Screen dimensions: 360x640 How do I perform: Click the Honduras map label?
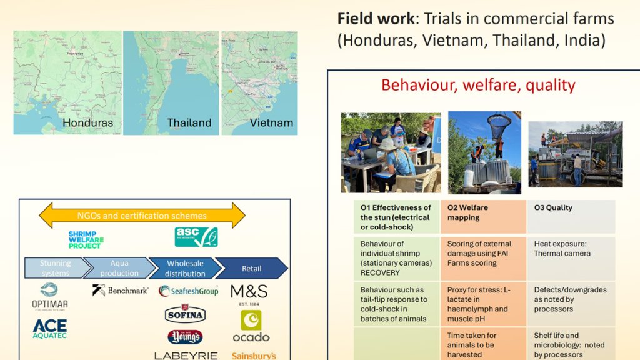(x=87, y=122)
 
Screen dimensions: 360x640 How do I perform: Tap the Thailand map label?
(x=189, y=122)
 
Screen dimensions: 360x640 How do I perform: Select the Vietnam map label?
(x=271, y=122)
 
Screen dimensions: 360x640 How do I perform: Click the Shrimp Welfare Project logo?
(x=86, y=239)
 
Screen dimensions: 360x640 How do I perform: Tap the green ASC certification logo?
(x=196, y=237)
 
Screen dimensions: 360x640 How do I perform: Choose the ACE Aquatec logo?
(x=49, y=328)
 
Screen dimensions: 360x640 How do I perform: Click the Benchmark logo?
(x=120, y=290)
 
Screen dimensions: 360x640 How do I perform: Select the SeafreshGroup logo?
(x=188, y=291)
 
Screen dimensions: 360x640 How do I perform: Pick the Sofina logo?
(x=185, y=314)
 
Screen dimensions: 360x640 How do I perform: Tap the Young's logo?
(x=185, y=337)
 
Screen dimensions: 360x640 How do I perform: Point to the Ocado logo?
(x=251, y=327)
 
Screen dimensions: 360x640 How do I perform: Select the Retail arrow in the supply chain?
(x=252, y=268)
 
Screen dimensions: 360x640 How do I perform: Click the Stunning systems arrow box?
(x=54, y=268)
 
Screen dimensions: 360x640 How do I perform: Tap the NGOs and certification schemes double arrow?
(x=142, y=216)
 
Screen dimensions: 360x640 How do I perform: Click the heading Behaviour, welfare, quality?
(x=478, y=85)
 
